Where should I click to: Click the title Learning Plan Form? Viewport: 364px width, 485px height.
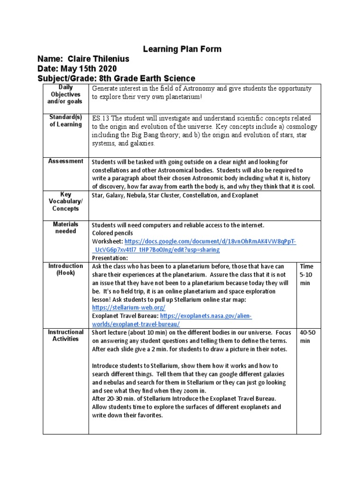[176, 49]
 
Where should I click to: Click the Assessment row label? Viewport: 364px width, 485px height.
[65, 162]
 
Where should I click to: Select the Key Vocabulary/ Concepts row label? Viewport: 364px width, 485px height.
[65, 202]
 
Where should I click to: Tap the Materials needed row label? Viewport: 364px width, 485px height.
[65, 228]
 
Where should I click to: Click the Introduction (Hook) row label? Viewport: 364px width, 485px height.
[65, 269]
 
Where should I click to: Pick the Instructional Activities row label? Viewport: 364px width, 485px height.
[65, 335]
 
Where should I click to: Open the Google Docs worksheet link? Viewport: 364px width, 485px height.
[210, 242]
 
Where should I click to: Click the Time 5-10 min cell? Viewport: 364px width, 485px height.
[307, 274]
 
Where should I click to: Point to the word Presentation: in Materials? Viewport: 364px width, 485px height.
[109, 258]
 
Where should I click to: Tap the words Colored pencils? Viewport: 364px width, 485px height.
[112, 233]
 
